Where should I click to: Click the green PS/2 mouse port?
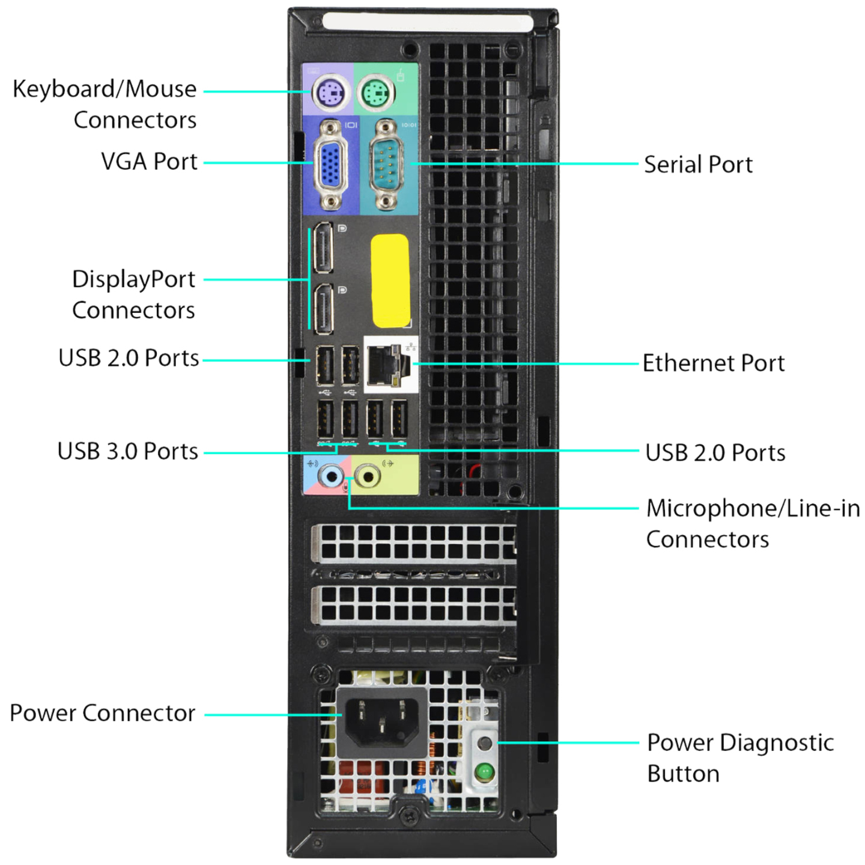pyautogui.click(x=376, y=93)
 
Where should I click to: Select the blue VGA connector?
pyautogui.click(x=331, y=165)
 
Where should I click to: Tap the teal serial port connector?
pyautogui.click(x=386, y=165)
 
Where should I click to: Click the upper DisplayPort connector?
pyautogui.click(x=323, y=247)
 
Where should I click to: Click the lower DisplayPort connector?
pyautogui.click(x=323, y=309)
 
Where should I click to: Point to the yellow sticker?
pyautogui.click(x=390, y=281)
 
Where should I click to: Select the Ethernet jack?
pyautogui.click(x=388, y=365)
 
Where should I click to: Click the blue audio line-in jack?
pyautogui.click(x=331, y=477)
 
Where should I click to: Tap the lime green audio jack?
pyautogui.click(x=368, y=477)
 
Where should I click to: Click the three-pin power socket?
pyautogui.click(x=381, y=722)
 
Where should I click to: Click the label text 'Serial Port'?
pyautogui.click(x=698, y=165)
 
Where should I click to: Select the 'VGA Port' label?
pyautogui.click(x=149, y=162)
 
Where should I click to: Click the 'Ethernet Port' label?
pyautogui.click(x=714, y=363)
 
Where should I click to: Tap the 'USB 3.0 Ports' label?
pyautogui.click(x=128, y=451)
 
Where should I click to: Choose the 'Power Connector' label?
pyautogui.click(x=102, y=713)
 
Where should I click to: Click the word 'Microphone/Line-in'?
pyautogui.click(x=753, y=509)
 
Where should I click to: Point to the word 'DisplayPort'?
pyautogui.click(x=133, y=280)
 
